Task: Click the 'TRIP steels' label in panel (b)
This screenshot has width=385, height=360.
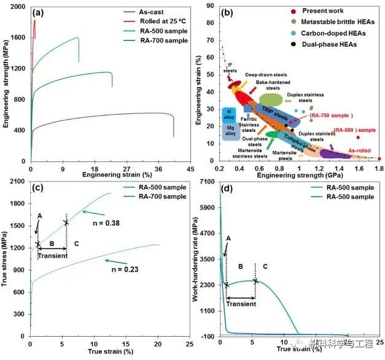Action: [x=275, y=110]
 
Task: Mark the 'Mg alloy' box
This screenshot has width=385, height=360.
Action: [x=231, y=131]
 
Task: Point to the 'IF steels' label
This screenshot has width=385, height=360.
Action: [x=229, y=67]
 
